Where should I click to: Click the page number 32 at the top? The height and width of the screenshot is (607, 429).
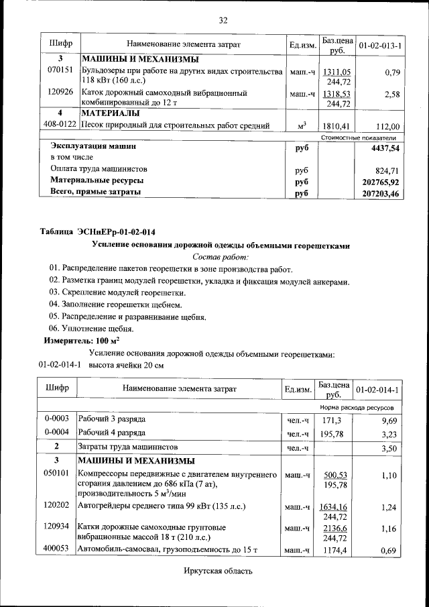point(223,20)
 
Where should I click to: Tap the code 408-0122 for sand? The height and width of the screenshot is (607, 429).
point(59,125)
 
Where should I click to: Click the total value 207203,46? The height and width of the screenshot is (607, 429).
point(380,194)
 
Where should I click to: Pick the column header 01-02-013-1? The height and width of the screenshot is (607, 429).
point(380,46)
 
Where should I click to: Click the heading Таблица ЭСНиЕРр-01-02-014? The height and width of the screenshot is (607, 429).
point(102,232)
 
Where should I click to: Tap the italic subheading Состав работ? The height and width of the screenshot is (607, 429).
point(221,257)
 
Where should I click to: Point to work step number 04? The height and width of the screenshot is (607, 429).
point(55,305)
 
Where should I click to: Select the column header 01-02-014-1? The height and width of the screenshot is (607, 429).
point(377,390)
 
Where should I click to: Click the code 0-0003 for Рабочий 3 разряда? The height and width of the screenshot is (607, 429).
point(57,419)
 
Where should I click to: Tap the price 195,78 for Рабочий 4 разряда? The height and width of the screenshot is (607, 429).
point(332,435)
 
